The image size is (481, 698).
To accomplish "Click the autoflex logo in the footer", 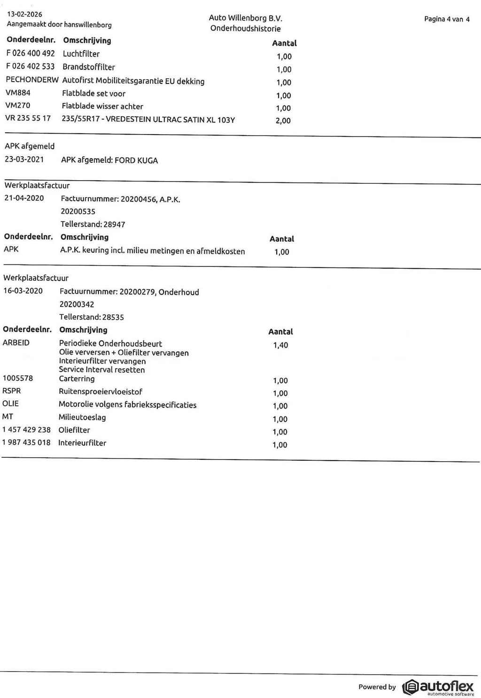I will click(x=438, y=687).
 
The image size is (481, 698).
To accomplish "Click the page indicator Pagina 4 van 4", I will click(x=446, y=19).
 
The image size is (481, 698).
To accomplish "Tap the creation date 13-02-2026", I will click(x=24, y=14).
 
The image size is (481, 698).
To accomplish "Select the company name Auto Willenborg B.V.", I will click(x=245, y=18).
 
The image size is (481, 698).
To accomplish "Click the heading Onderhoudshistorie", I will click(x=245, y=29).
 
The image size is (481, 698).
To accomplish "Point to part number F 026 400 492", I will click(x=31, y=53).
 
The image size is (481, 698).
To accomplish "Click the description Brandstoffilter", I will click(x=89, y=67).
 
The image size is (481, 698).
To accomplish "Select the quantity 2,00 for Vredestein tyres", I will click(x=283, y=121).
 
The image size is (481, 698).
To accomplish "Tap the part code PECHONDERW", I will click(x=32, y=80).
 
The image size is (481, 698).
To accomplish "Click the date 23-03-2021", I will click(x=24, y=159).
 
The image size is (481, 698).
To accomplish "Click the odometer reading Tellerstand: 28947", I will click(x=93, y=224).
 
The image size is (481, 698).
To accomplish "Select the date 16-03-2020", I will click(x=23, y=291).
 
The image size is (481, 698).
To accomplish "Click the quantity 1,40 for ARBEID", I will click(x=280, y=345).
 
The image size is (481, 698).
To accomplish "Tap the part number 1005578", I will click(x=18, y=378).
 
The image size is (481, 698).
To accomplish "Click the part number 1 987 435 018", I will click(x=26, y=442).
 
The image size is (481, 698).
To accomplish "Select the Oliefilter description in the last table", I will click(x=74, y=430).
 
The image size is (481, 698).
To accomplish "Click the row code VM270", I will click(x=17, y=106).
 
